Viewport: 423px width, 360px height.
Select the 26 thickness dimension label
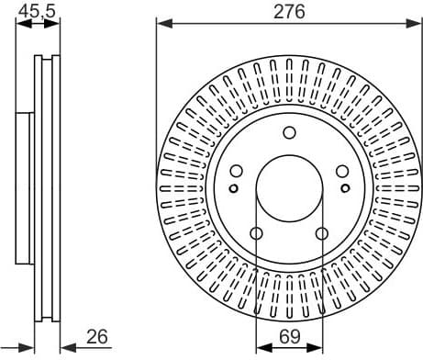[95, 337]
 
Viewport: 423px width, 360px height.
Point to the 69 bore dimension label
[289, 337]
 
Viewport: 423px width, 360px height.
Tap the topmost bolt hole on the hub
[289, 131]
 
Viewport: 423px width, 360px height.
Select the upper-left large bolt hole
[236, 171]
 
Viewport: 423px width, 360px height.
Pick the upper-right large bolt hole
[342, 171]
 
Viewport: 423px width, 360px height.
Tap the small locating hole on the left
[233, 189]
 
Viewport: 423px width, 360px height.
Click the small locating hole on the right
[345, 189]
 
